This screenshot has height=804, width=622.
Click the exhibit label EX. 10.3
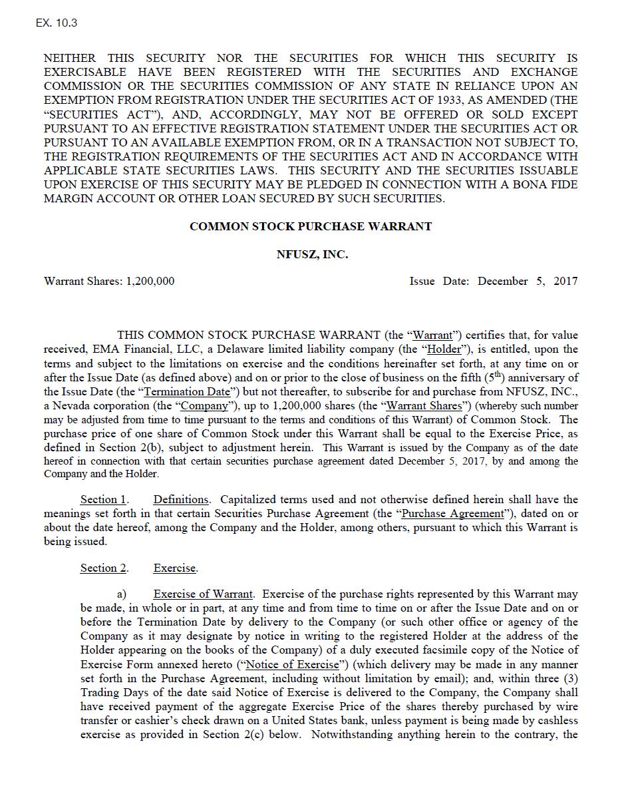57,23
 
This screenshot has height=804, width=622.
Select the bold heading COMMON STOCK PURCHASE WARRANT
311,226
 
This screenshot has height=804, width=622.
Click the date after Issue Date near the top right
528,281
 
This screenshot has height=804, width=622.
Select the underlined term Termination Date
188,392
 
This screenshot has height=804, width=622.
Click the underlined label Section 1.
103,500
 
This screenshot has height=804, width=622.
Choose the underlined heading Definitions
180,500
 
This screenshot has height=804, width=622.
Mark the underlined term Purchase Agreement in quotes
452,514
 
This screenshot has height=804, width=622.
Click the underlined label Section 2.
103,568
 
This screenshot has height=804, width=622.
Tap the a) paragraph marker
122,594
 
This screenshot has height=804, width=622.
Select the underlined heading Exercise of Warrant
203,594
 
